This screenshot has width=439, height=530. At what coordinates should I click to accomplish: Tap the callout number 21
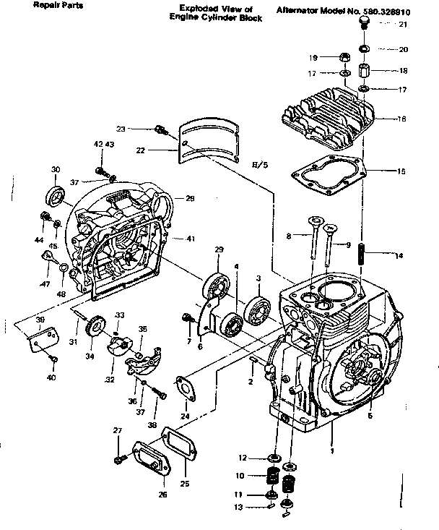click(403, 25)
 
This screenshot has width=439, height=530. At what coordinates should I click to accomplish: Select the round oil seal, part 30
click(56, 196)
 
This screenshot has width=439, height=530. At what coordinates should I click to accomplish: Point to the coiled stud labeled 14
click(364, 254)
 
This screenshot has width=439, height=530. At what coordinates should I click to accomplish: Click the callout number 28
click(190, 198)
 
